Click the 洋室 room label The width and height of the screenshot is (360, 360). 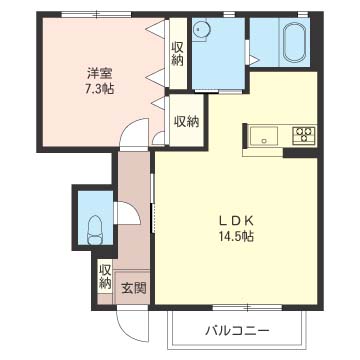pos(100,74)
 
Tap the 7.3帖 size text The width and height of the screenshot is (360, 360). pos(100,89)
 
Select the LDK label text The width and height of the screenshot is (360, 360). pos(236,220)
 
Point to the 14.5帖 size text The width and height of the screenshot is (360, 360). pos(236,236)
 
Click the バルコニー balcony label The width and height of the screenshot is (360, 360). pos(237,331)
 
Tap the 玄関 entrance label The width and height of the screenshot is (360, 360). pos(133,288)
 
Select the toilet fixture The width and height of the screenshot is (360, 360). pos(95,230)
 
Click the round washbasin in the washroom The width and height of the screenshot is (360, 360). pos(200,30)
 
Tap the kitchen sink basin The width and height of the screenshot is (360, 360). pos(264,136)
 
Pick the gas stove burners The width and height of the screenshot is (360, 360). pos(304,136)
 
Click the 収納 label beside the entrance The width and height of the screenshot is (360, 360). pos(105,277)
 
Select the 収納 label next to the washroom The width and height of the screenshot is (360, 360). pos(178,54)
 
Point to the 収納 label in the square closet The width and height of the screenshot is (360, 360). pos(187,122)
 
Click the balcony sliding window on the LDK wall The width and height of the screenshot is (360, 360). pos(248,308)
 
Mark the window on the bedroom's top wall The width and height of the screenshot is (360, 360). pos(96,14)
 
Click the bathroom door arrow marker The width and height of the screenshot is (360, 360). pos(254,60)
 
